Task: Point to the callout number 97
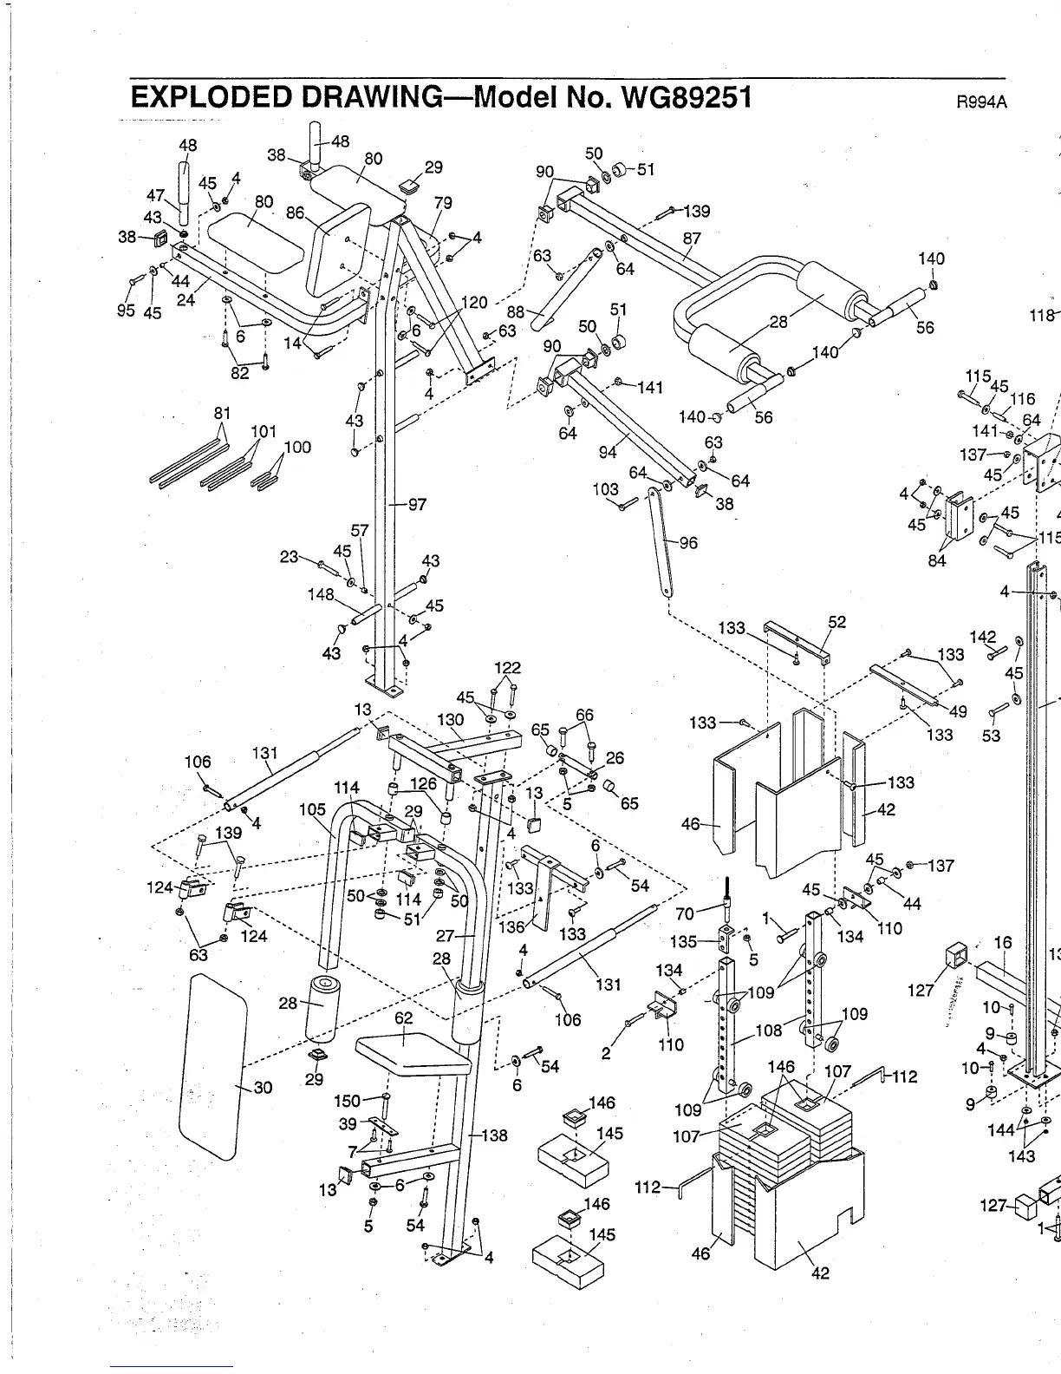[x=417, y=504]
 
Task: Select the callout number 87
[x=692, y=238]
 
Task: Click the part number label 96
[x=689, y=543]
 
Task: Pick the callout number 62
[x=404, y=1017]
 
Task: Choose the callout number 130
[x=450, y=720]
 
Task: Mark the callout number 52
[x=836, y=622]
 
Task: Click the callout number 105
[x=312, y=809]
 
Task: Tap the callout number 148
[x=321, y=594]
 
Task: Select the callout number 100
[x=297, y=448]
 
